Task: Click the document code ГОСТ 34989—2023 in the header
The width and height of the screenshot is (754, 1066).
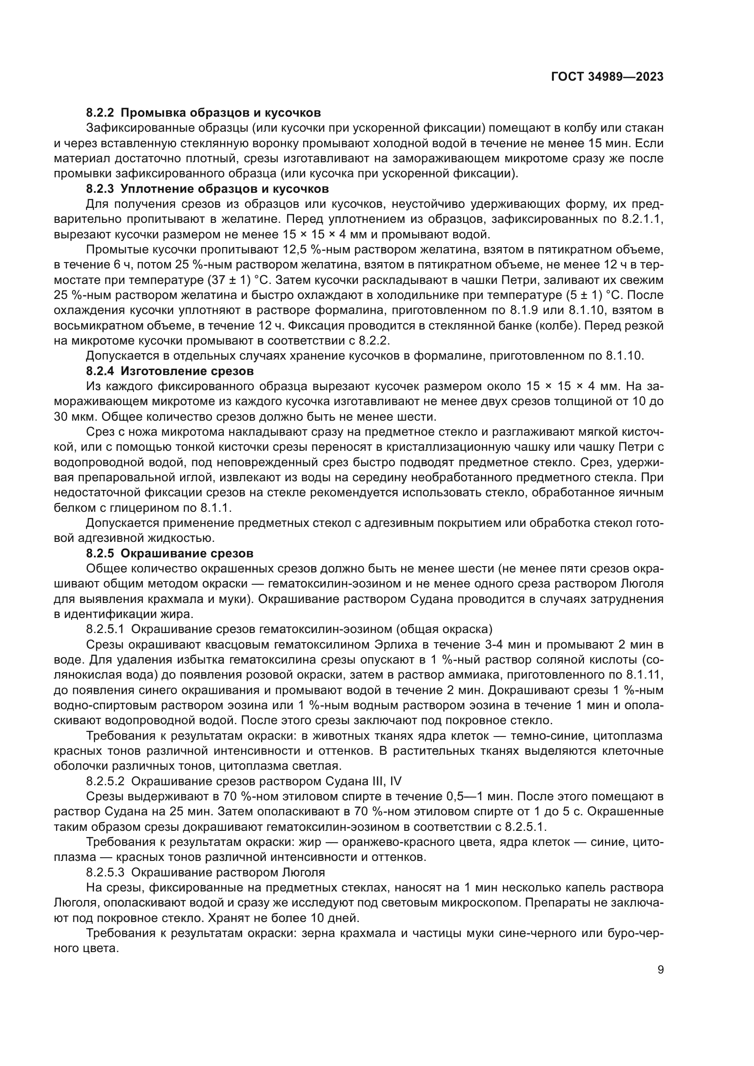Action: pyautogui.click(x=607, y=77)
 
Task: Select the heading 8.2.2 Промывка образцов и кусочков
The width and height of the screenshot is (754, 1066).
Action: pyautogui.click(x=203, y=113)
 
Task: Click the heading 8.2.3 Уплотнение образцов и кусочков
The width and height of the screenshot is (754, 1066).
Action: pyautogui.click(x=207, y=189)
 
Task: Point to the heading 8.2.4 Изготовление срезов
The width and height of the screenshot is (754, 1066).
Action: pyautogui.click(x=170, y=371)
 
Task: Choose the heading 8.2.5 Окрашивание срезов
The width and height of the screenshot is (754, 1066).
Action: pyautogui.click(x=170, y=553)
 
